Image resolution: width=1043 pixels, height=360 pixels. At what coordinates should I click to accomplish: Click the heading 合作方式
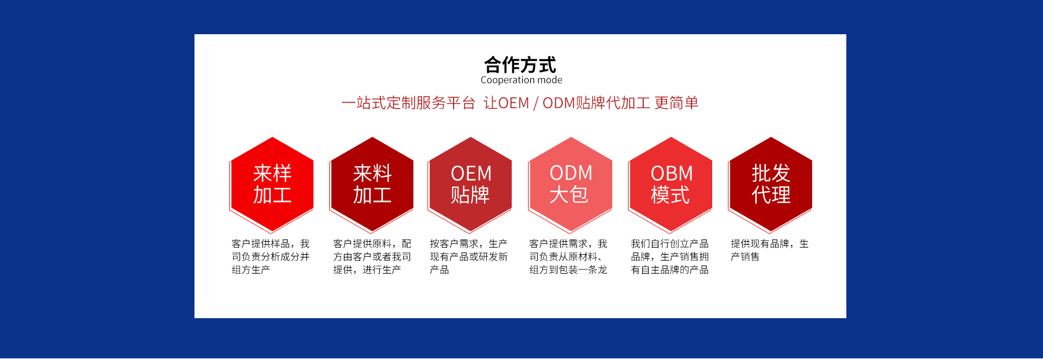point(520,65)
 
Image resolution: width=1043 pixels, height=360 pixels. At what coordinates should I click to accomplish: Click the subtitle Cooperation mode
point(521,80)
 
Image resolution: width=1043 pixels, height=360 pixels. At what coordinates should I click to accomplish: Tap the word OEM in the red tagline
point(513,103)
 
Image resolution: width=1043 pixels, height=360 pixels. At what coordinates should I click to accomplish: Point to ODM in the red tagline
point(558,103)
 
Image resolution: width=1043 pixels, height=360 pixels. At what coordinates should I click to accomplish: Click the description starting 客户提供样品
point(271,257)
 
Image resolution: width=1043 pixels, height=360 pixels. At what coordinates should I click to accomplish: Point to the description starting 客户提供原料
point(372,257)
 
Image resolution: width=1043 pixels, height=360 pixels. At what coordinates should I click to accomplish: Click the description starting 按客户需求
point(469,257)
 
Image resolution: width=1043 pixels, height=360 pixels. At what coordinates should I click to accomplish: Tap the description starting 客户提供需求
point(568,257)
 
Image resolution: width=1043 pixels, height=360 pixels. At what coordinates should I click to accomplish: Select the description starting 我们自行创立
point(670,257)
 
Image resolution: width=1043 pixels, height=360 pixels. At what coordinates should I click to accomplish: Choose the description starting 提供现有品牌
point(770,250)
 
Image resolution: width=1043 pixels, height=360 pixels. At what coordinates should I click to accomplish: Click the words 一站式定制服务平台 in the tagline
point(409,103)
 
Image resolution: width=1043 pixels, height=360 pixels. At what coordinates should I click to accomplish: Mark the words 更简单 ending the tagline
point(676,103)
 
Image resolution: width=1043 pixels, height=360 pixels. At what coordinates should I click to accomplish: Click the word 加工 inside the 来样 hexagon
point(272,195)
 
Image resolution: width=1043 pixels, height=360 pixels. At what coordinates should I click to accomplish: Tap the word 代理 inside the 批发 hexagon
point(771,195)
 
